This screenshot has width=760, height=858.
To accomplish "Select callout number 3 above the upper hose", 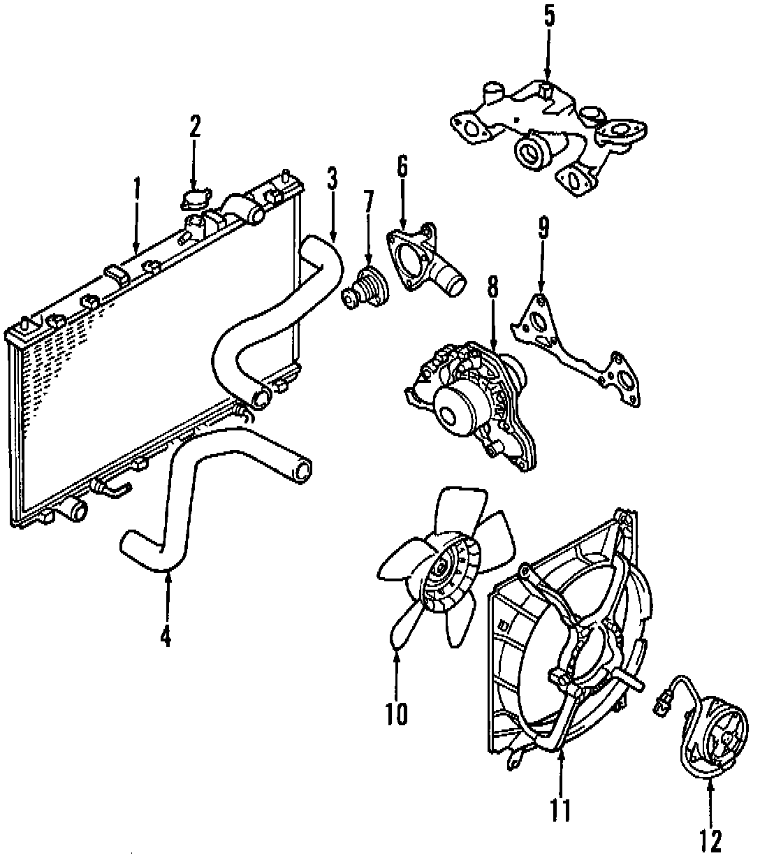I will tap(332, 179).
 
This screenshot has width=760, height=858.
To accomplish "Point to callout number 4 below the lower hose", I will tap(166, 637).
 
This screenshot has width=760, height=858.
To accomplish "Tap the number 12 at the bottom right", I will tap(710, 839).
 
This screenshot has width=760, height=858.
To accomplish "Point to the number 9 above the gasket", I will tap(543, 227).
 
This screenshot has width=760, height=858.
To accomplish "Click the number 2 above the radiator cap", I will tap(193, 126).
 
